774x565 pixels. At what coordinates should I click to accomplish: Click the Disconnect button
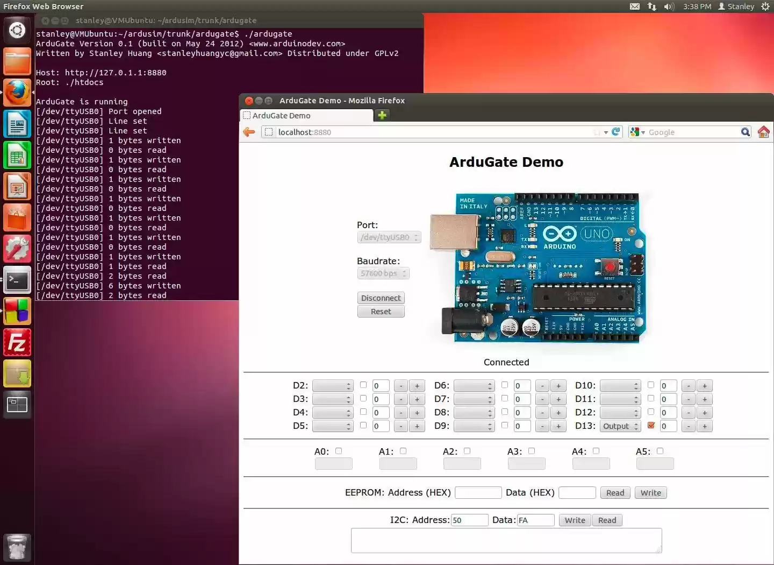(381, 298)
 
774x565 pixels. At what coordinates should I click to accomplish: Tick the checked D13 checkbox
(651, 426)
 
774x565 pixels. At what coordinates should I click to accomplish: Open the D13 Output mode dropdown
(620, 426)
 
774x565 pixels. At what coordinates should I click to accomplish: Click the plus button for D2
(417, 386)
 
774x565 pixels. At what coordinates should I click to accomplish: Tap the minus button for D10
(689, 386)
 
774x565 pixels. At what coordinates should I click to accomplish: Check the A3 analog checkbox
(532, 451)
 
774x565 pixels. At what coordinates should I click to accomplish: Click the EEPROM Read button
(615, 493)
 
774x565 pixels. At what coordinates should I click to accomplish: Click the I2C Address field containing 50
(469, 520)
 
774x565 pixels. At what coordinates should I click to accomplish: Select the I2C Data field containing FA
(535, 520)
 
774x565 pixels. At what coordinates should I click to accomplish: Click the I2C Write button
(575, 520)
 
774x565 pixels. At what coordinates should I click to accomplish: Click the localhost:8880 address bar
(430, 132)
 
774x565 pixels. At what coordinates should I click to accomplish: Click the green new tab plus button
(382, 115)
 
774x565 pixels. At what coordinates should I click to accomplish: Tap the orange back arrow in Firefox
(249, 132)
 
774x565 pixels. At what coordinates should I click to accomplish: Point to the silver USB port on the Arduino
(454, 232)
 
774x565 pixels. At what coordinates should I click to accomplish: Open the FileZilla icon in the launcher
(17, 343)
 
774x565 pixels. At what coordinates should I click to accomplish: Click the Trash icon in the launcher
(17, 547)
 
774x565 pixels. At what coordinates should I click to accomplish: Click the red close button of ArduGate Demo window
(249, 101)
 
